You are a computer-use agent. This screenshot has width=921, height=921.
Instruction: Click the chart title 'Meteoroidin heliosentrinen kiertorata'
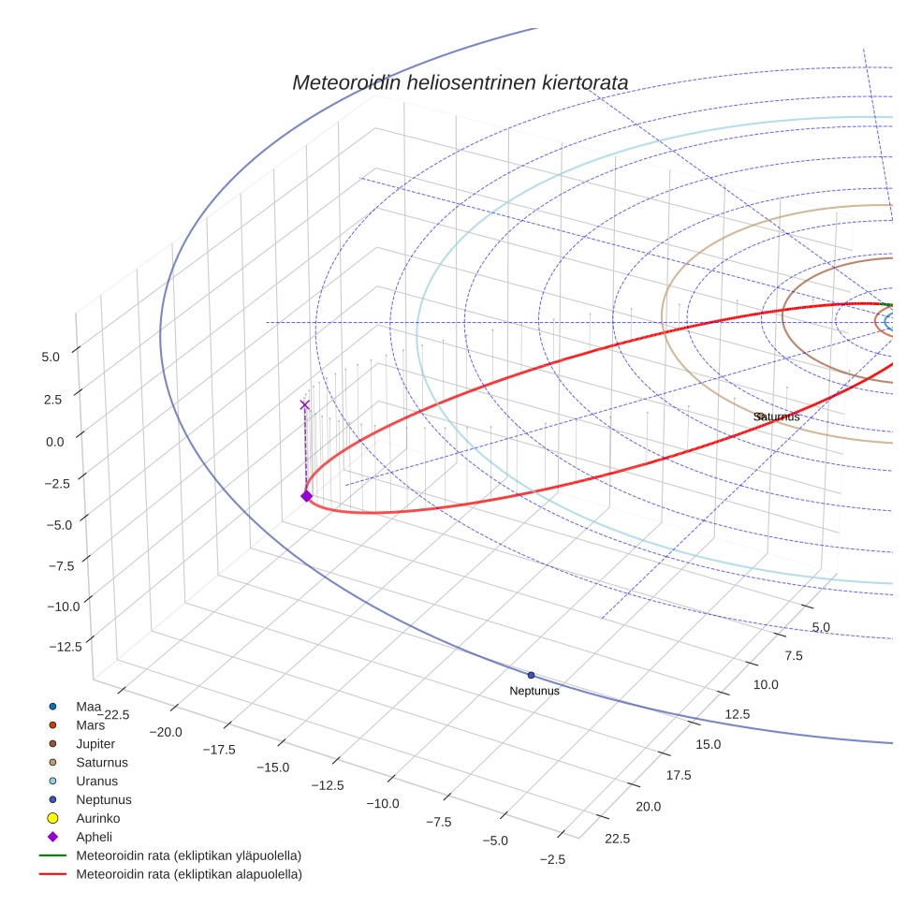[460, 82]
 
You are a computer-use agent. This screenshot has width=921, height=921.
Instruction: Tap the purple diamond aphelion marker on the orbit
[306, 496]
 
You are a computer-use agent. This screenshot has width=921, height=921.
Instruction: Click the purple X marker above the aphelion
[304, 404]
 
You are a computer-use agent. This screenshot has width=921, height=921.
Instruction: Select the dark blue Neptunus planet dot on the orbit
[531, 675]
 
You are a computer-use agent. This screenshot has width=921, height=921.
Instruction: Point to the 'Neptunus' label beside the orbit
[534, 691]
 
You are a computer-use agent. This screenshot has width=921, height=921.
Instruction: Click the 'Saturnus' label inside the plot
[776, 417]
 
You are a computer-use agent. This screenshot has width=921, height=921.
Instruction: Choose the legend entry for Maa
[88, 706]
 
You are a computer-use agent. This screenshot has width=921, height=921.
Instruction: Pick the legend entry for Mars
[90, 724]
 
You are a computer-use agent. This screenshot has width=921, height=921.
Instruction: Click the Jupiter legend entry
[95, 743]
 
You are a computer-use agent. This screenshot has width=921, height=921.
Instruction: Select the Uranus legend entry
[96, 781]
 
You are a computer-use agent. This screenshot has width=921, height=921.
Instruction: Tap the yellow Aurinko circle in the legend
[53, 818]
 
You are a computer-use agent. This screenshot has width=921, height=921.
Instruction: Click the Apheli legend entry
[95, 837]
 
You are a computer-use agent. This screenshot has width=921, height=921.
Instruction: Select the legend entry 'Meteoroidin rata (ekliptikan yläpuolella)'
[188, 855]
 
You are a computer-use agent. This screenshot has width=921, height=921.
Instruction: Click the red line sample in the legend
[53, 874]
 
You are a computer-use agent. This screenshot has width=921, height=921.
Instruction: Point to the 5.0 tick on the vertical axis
[51, 357]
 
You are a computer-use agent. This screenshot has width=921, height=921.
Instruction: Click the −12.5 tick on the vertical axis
[64, 646]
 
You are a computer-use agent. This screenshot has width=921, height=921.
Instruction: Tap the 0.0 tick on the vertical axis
[55, 441]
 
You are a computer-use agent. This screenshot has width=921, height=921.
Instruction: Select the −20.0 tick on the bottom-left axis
[171, 733]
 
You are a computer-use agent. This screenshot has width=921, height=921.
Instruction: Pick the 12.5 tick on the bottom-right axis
[737, 714]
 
